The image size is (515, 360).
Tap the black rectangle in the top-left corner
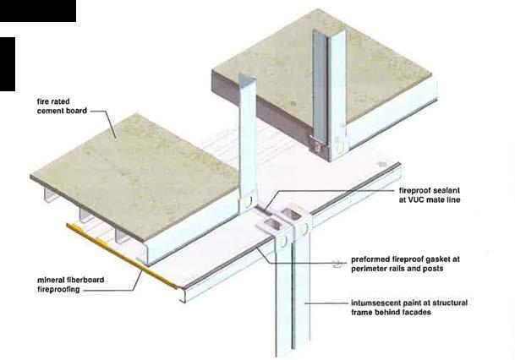(37, 10)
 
